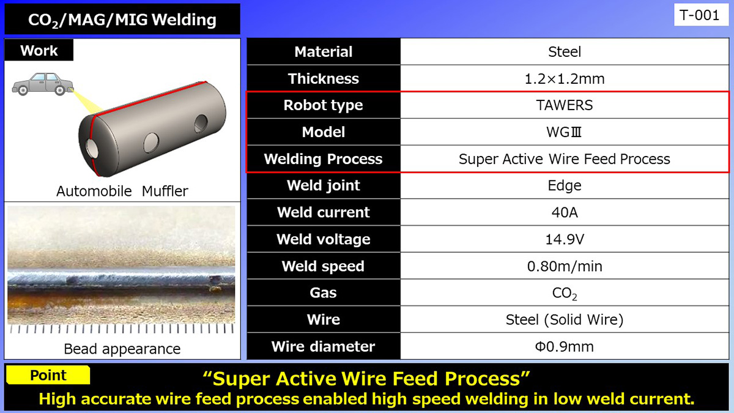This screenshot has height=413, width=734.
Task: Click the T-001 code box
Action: click(x=699, y=15)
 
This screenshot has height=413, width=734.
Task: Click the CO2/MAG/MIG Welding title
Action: click(x=122, y=20)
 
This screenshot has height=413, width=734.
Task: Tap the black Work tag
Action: click(x=39, y=50)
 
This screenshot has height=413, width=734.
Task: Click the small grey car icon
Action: click(x=40, y=84)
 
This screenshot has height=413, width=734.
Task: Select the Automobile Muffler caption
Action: click(x=122, y=191)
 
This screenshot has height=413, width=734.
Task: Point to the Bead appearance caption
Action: click(x=122, y=349)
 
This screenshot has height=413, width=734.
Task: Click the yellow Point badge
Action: click(x=48, y=375)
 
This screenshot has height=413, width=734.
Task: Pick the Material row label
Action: click(x=323, y=52)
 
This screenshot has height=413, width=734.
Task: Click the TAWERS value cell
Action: click(x=564, y=105)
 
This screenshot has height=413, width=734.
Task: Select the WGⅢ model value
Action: click(x=564, y=132)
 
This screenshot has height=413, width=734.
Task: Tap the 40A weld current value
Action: click(x=564, y=212)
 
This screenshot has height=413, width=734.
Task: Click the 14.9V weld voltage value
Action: click(x=564, y=239)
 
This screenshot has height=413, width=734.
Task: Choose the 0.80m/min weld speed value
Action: click(x=564, y=266)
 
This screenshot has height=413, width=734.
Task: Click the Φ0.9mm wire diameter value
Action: click(x=564, y=347)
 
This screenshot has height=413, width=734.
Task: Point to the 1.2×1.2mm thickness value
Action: click(x=564, y=79)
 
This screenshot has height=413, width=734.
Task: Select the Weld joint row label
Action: click(x=323, y=185)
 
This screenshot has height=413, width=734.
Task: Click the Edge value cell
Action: click(x=564, y=185)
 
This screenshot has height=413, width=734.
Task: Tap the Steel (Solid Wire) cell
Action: click(x=564, y=319)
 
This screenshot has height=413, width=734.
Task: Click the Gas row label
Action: click(x=323, y=292)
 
